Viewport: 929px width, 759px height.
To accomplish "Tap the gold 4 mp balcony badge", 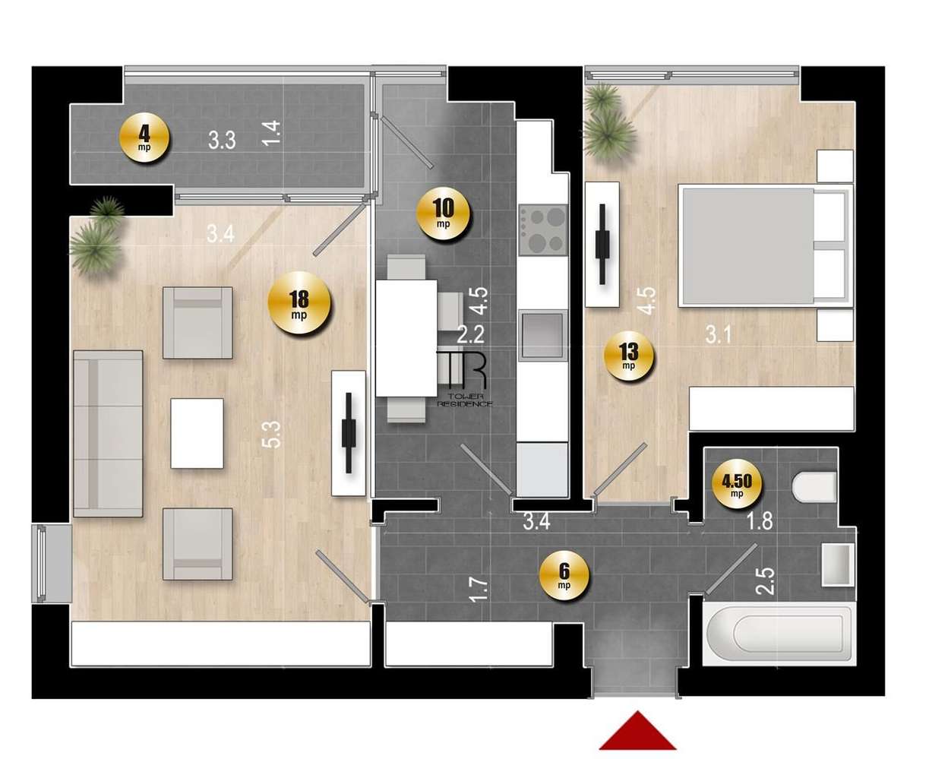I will [144, 139].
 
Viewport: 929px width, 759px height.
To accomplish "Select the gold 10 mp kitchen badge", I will [444, 214].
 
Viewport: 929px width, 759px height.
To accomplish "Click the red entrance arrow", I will [637, 731].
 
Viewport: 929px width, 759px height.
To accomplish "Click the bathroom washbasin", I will [838, 564].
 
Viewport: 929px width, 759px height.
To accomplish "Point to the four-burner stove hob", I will [542, 229].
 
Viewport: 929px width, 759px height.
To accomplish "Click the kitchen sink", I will [542, 332].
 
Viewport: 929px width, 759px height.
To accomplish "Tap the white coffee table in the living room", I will [197, 433].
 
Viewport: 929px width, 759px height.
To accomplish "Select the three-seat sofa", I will [108, 433].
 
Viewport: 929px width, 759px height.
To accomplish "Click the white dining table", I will [406, 338].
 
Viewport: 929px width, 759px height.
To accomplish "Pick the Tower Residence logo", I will [464, 379].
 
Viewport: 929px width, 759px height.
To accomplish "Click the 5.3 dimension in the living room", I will [274, 434].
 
